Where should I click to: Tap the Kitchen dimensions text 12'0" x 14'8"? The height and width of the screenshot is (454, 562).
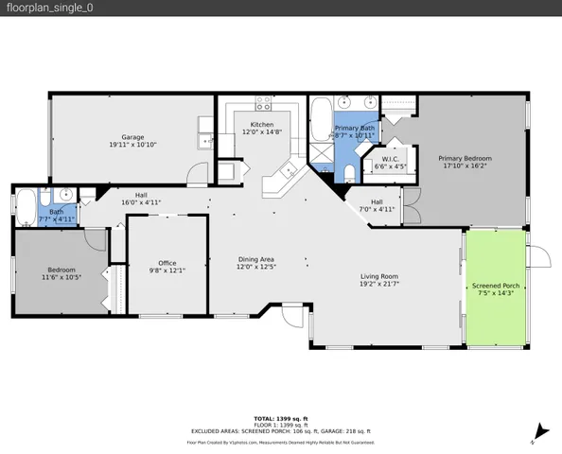(262, 132)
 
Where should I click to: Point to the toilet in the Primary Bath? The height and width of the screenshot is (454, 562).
(347, 171)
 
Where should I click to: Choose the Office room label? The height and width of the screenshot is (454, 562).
(167, 263)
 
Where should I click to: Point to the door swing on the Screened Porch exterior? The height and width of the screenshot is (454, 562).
(536, 258)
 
